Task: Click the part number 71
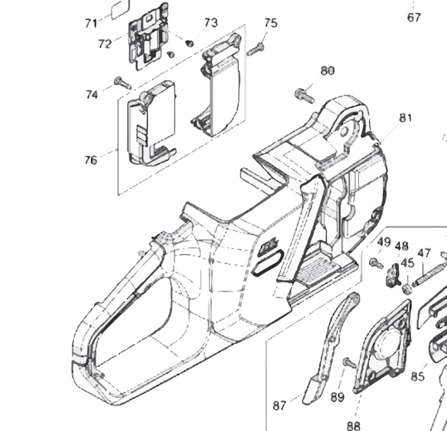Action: click(x=92, y=23)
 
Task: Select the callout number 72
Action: click(x=106, y=44)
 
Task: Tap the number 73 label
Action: click(x=210, y=23)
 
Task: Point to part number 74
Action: click(x=92, y=94)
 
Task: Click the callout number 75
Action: click(x=271, y=24)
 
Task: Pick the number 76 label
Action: click(x=91, y=160)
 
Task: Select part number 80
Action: click(x=328, y=71)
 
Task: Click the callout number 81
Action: click(x=406, y=118)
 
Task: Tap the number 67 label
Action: click(x=415, y=18)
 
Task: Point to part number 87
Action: click(x=280, y=404)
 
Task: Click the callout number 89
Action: click(x=338, y=397)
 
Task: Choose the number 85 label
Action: click(x=418, y=377)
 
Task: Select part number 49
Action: click(x=383, y=244)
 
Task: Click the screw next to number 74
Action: click(x=119, y=81)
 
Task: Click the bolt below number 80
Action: click(x=303, y=96)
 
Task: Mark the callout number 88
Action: click(x=354, y=424)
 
